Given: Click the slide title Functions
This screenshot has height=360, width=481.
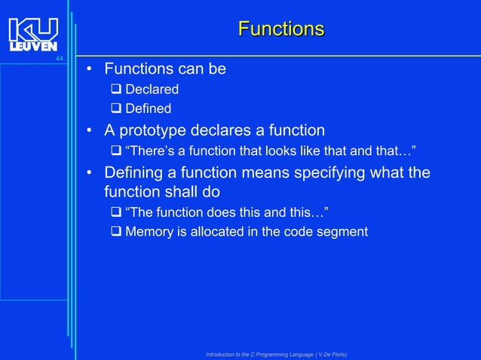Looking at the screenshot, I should click(281, 29).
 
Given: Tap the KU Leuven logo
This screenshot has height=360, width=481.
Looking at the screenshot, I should click(33, 35).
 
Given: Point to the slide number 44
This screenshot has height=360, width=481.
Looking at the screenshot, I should click(60, 59).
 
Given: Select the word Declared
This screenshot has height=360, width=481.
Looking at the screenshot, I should click(152, 90).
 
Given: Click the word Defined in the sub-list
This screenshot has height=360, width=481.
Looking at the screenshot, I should click(148, 109).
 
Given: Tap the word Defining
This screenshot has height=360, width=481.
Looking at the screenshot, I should click(136, 172).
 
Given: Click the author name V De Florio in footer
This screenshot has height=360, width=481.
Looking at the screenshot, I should click(326, 354).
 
